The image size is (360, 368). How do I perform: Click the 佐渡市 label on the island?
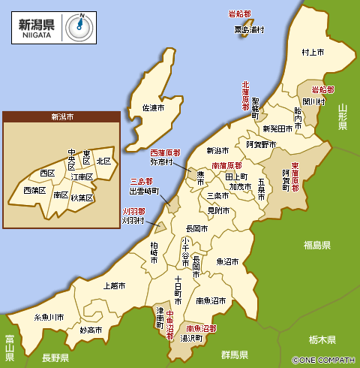tap(153, 108)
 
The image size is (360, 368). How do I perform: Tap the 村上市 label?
tap(312, 53)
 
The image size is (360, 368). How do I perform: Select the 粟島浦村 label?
tap(250, 30)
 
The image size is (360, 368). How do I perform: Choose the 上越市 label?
tap(114, 285)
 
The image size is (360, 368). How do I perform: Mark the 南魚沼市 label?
tap(211, 300)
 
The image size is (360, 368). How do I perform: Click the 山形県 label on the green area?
tap(343, 117)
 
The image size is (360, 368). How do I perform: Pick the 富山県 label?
tap(9, 348)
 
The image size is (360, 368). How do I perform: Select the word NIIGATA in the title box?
tap(37, 34)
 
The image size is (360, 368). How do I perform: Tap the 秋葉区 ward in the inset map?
tap(82, 198)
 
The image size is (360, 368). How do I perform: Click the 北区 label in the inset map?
tap(103, 161)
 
